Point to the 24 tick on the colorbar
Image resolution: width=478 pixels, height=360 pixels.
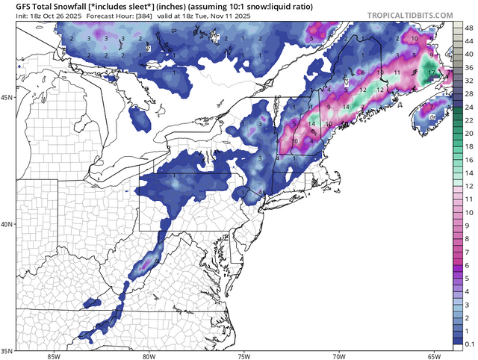coord(468,105)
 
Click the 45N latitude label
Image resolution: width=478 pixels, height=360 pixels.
coord(8,97)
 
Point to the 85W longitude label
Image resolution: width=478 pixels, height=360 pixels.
coord(53,356)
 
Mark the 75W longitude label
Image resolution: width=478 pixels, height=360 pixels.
coord(243,356)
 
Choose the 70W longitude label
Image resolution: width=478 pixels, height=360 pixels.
coord(339,356)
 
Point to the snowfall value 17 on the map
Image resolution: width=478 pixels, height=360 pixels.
coord(431,73)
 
